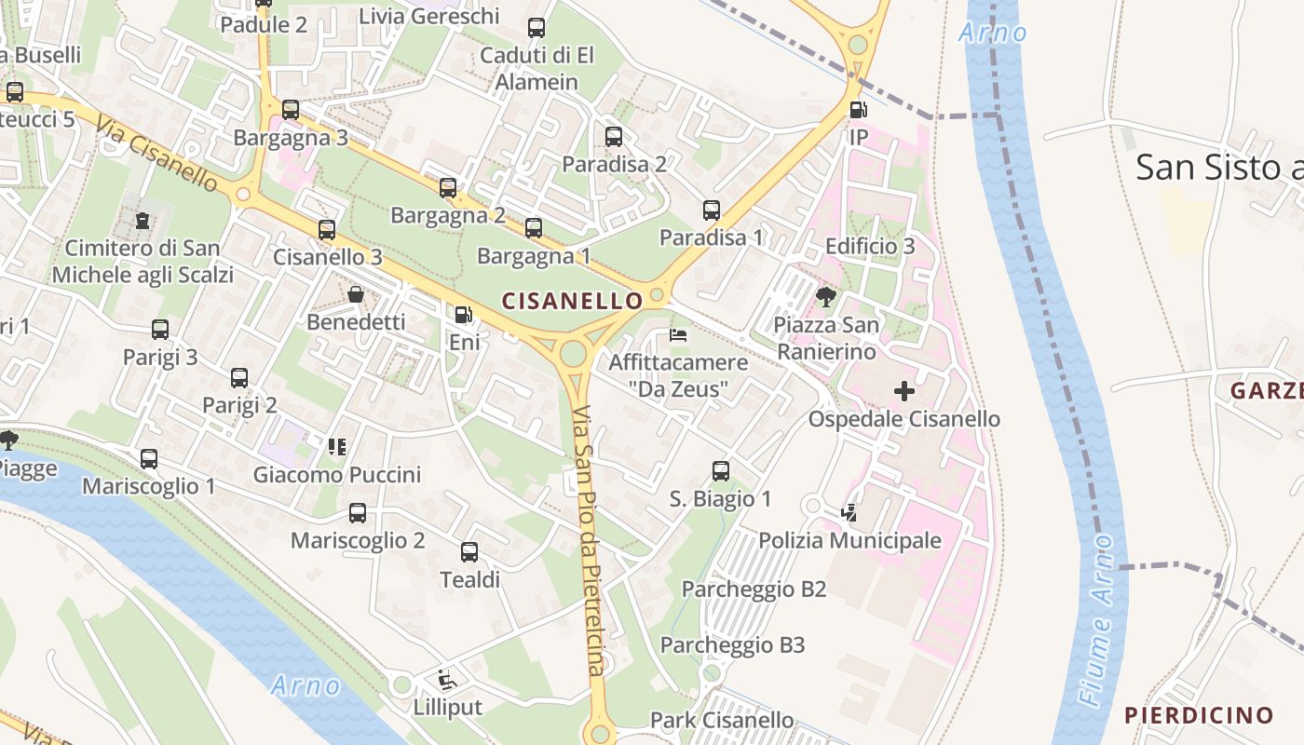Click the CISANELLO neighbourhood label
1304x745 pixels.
tap(572, 301)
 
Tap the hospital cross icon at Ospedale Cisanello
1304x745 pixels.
tap(903, 391)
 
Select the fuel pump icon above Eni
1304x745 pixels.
tap(463, 315)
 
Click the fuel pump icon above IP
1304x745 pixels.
tap(858, 110)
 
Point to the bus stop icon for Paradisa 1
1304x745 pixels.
tap(712, 210)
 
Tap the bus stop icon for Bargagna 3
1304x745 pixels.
tap(291, 110)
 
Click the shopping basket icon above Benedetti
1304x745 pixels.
tap(356, 295)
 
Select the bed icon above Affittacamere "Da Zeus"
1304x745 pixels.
tap(678, 335)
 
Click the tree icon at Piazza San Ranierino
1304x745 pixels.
tap(825, 297)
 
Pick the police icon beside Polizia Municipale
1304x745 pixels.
tap(849, 512)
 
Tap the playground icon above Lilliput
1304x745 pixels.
tap(447, 679)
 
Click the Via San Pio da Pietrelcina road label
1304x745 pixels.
tap(589, 540)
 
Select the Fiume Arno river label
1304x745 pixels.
tap(1098, 618)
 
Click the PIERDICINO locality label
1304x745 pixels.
tap(1199, 715)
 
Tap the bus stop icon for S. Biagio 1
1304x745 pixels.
tap(721, 471)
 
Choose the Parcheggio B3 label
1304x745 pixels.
tap(732, 645)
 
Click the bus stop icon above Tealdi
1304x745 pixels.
tap(469, 552)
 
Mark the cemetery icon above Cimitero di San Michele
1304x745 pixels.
tap(142, 221)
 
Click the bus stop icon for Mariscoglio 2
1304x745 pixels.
tap(358, 513)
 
